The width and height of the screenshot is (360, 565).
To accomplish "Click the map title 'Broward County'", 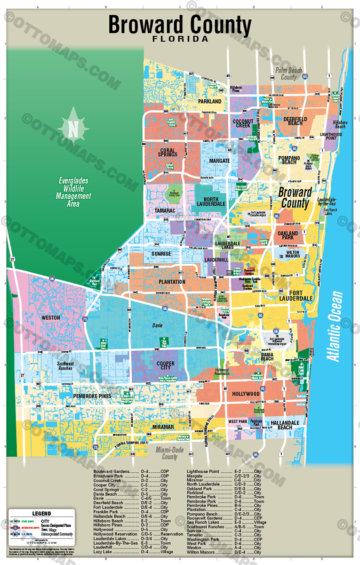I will [x=180, y=24].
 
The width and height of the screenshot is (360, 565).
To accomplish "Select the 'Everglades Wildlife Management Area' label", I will [x=73, y=192].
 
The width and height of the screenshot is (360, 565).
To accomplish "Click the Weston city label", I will [x=51, y=318].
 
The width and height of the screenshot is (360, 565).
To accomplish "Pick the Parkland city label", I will [x=209, y=101].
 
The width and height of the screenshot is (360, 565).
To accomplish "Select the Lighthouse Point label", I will [x=331, y=137].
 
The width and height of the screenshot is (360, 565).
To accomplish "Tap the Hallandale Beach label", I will [x=282, y=426].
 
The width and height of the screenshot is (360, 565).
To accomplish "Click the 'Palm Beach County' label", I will [x=288, y=74].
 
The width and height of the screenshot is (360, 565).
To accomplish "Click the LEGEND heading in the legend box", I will [x=41, y=513].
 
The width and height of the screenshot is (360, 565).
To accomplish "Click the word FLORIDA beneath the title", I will [x=180, y=40].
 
